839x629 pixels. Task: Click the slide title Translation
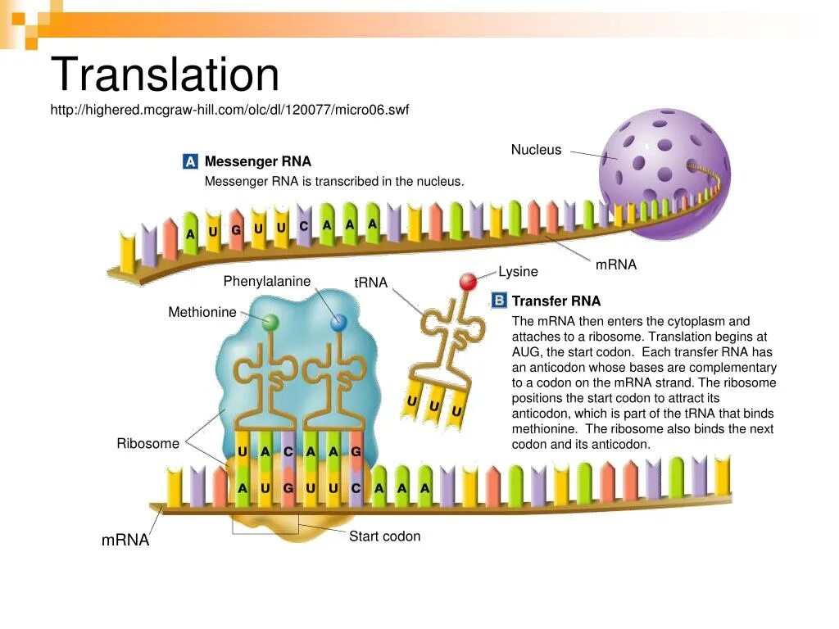(165, 75)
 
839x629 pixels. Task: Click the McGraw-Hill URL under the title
(229, 110)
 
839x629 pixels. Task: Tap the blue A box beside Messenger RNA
(190, 161)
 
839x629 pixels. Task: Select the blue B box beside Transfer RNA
(498, 301)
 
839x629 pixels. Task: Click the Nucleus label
(536, 150)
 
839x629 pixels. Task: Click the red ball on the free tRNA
(468, 283)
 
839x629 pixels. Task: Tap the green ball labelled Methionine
(270, 323)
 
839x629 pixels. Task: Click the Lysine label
(518, 272)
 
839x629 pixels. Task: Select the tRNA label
(370, 283)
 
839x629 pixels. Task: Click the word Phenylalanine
(267, 282)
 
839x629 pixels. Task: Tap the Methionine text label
(202, 312)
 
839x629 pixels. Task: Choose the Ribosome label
(147, 444)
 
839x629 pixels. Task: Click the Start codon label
(384, 536)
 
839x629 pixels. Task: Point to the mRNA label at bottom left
(125, 541)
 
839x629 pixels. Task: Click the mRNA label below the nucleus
(615, 265)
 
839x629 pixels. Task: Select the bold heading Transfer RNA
(556, 301)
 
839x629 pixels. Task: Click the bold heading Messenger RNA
(257, 161)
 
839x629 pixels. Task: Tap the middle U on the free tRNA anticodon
(434, 406)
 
